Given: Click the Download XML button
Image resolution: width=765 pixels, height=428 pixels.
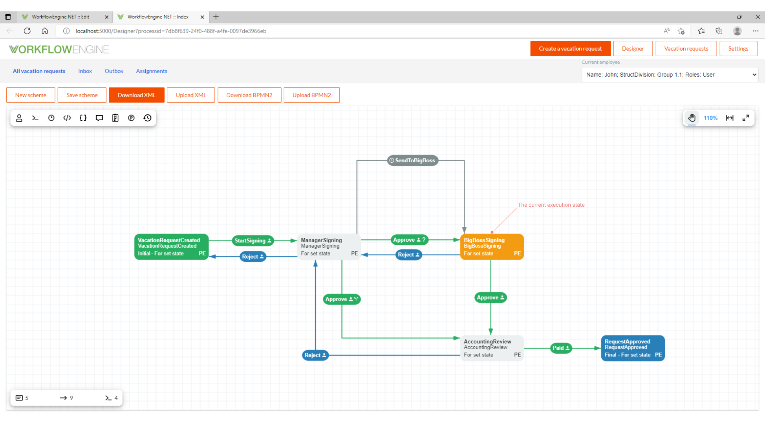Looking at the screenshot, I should click(136, 95).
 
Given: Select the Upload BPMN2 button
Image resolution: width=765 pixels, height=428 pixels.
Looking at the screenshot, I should click(311, 95).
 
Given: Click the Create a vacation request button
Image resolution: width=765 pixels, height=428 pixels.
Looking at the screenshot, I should click(570, 49).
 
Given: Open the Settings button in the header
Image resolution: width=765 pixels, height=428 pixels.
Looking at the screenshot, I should click(738, 49).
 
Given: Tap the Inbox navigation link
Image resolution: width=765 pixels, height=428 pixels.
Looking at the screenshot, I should click(85, 71).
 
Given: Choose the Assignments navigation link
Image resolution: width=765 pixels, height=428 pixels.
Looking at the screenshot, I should click(152, 71).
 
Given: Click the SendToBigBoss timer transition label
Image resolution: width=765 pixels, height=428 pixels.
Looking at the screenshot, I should click(412, 160).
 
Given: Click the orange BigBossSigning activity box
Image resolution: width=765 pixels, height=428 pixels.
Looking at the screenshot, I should click(492, 247).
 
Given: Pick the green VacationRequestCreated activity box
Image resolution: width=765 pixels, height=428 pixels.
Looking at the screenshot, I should click(171, 247).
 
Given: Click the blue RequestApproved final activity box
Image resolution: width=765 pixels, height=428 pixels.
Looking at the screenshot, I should click(633, 348).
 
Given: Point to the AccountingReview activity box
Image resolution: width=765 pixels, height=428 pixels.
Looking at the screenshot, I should click(492, 348).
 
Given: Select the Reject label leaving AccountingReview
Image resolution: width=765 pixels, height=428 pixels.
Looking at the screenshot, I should click(315, 355).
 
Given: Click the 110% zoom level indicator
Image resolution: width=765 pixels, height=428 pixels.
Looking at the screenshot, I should click(710, 118).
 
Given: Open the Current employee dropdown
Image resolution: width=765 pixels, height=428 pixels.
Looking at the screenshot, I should click(670, 75).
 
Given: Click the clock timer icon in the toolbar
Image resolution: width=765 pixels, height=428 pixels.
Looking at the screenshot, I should click(51, 118).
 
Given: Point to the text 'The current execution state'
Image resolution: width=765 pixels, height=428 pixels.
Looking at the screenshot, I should click(551, 205).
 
